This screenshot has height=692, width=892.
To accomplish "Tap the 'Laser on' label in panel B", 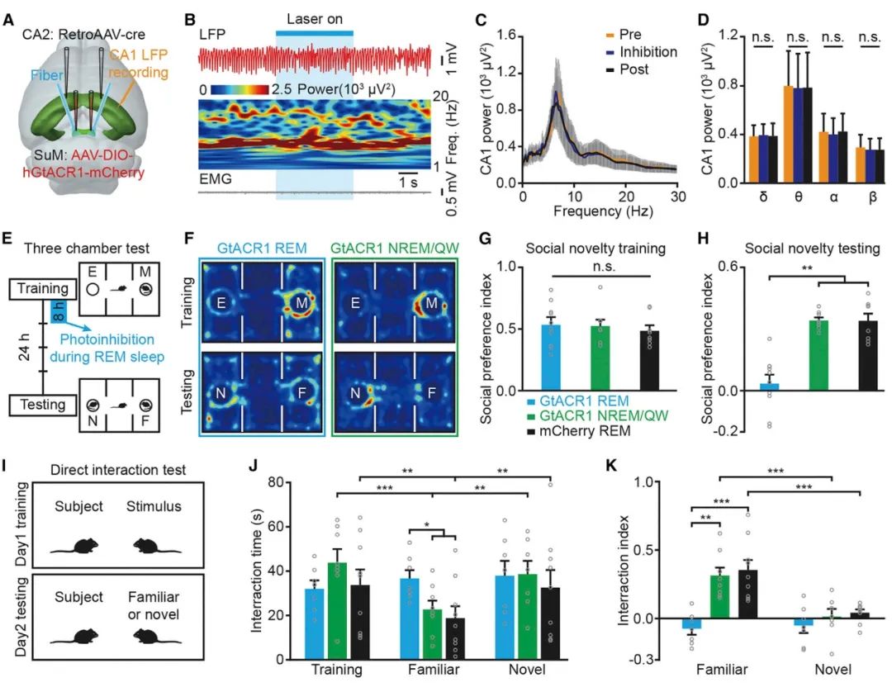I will pyautogui.click(x=314, y=17).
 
